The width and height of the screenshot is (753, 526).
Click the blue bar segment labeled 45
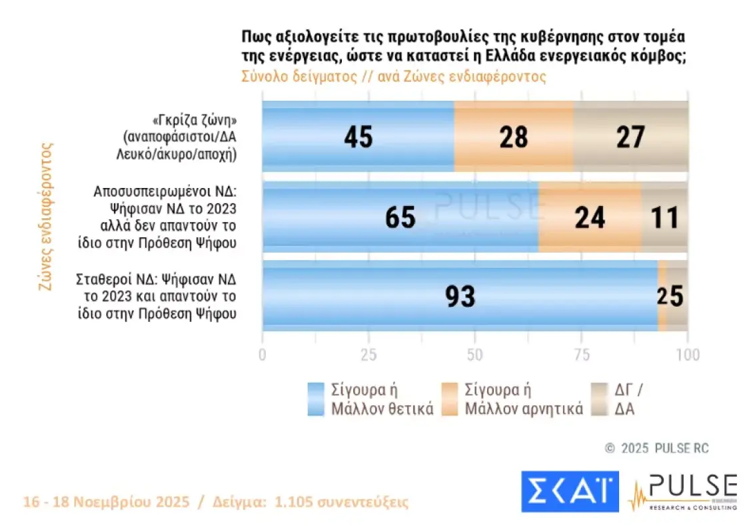(x=358, y=137)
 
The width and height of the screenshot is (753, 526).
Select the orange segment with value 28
(x=513, y=137)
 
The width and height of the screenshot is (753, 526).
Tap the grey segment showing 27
(x=630, y=137)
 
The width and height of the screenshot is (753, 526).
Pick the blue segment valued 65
(x=400, y=217)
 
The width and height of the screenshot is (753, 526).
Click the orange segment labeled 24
(x=590, y=217)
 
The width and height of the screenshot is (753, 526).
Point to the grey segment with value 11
(x=664, y=217)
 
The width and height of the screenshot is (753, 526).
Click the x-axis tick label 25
(x=369, y=355)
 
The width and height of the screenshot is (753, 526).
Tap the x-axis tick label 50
(x=474, y=355)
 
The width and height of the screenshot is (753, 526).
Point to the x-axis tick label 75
(x=581, y=355)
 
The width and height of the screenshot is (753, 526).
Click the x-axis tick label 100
(x=687, y=355)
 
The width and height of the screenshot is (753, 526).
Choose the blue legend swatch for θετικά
(x=317, y=399)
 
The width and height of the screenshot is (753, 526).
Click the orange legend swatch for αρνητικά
(x=450, y=399)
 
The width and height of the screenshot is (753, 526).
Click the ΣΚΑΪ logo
(x=570, y=492)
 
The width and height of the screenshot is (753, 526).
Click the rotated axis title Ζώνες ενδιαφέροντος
(x=46, y=216)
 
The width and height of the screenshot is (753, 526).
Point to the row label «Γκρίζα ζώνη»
(x=195, y=121)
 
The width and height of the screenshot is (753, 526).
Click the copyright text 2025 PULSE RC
(x=657, y=449)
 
